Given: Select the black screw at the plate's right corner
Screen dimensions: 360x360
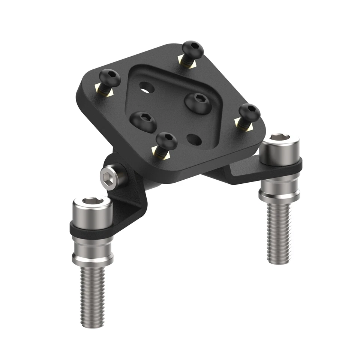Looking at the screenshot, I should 249,112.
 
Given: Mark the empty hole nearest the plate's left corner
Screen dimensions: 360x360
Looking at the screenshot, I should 147,87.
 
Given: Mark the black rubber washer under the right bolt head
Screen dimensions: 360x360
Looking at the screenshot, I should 281,163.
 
